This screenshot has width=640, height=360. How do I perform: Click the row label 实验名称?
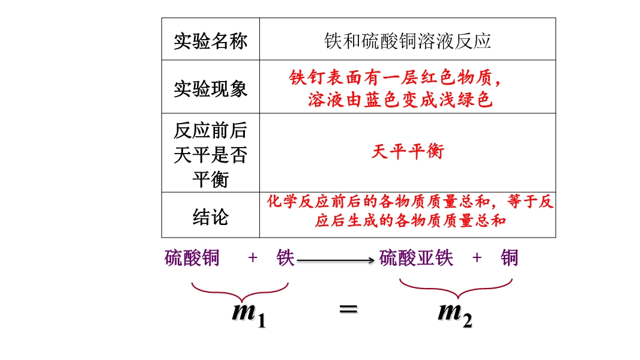click(x=210, y=41)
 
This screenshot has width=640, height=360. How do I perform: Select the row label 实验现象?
click(x=210, y=89)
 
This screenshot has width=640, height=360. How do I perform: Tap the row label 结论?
click(x=210, y=217)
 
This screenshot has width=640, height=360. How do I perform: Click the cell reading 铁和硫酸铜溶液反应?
click(x=407, y=40)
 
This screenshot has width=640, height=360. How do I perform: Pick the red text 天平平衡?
click(x=407, y=152)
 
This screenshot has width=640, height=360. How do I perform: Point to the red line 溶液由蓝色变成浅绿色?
click(x=400, y=100)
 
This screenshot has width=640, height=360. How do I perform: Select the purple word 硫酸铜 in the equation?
click(x=192, y=258)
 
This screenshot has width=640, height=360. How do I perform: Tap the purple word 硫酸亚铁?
click(x=417, y=258)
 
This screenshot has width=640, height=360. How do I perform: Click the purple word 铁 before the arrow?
click(x=285, y=258)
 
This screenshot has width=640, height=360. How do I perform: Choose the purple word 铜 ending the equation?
click(x=509, y=258)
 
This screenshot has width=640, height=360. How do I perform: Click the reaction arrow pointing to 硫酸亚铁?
click(x=336, y=260)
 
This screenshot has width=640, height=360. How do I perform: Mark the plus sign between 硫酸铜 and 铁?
click(x=253, y=258)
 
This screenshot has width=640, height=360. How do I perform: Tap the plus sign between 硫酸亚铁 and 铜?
click(x=477, y=258)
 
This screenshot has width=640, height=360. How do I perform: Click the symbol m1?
click(x=249, y=313)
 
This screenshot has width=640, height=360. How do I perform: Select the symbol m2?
click(x=455, y=313)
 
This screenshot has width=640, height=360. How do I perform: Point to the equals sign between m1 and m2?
click(x=348, y=310)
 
